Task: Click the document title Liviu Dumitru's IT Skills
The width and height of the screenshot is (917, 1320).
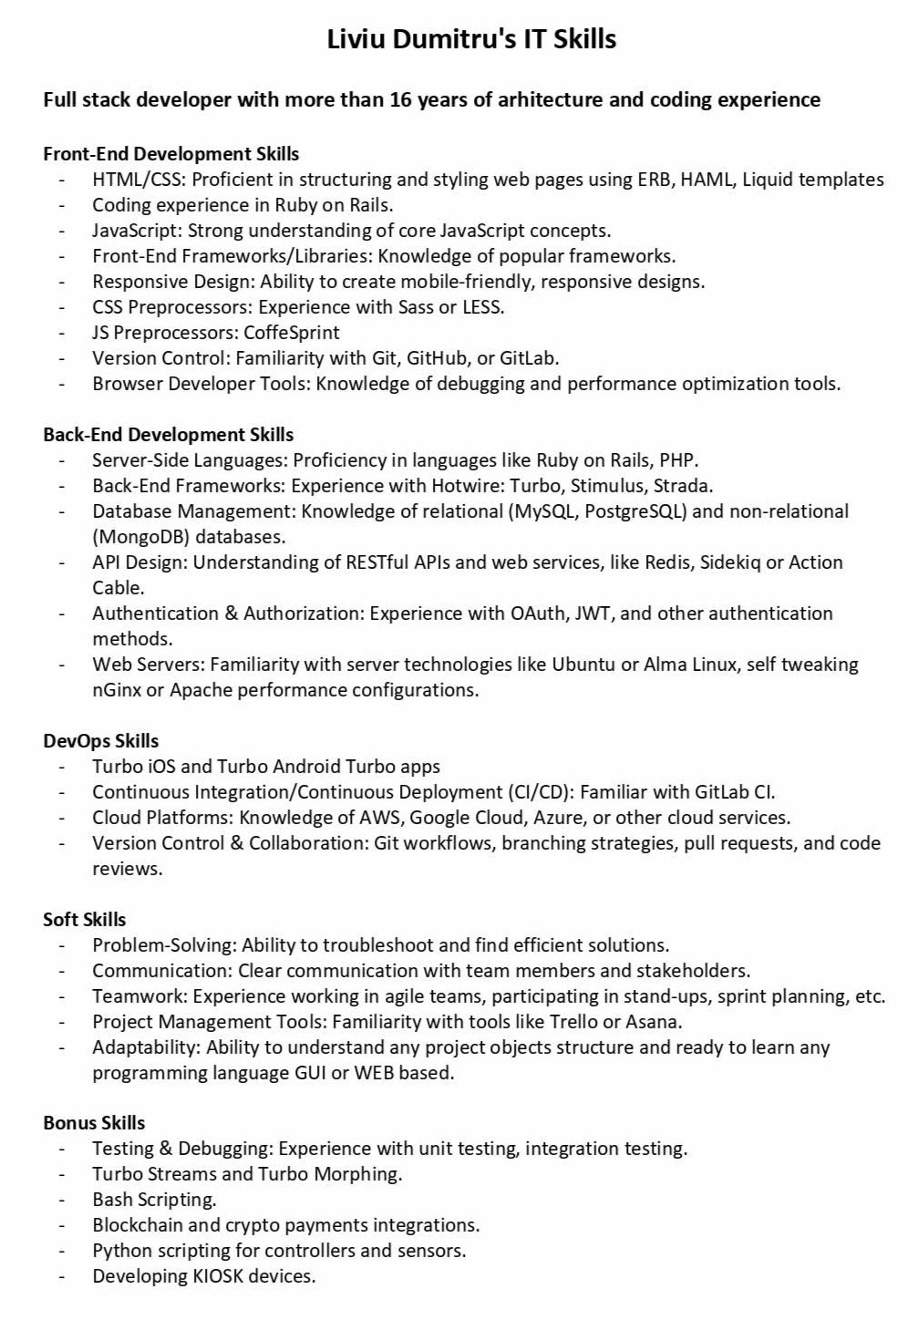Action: click(471, 39)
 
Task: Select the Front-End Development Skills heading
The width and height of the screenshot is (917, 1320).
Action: click(170, 154)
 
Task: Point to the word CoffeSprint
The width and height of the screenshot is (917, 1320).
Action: click(291, 333)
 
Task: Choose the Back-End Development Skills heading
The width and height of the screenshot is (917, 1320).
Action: click(168, 435)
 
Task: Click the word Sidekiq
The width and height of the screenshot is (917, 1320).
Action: click(730, 562)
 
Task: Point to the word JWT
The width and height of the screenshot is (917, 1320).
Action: click(593, 614)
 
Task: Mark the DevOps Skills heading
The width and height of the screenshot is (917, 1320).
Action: click(100, 741)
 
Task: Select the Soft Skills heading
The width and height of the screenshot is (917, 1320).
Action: click(84, 920)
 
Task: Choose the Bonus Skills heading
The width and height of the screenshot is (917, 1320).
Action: click(94, 1123)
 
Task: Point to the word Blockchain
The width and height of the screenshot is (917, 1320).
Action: click(137, 1225)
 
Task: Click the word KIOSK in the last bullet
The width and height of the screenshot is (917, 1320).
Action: click(218, 1276)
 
